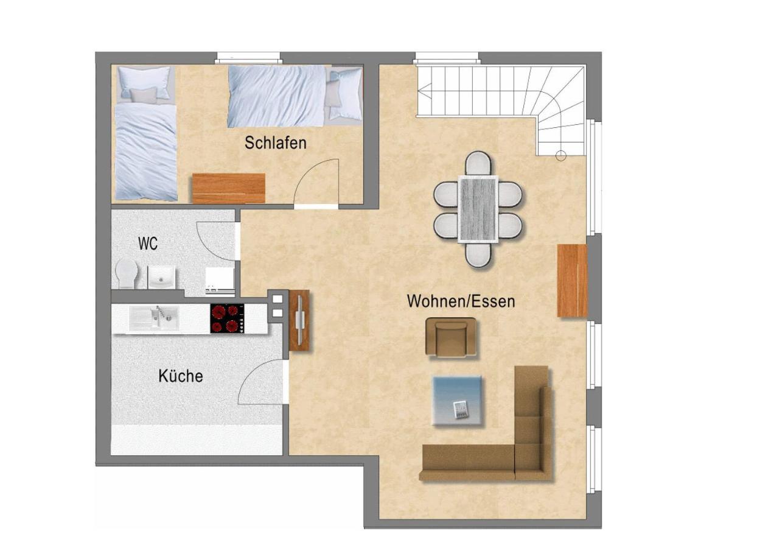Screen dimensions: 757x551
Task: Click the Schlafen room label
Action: click(x=276, y=143)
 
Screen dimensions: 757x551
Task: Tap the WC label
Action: click(x=148, y=244)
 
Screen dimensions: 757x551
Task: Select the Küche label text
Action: click(x=181, y=376)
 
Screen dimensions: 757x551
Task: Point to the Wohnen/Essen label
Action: click(x=461, y=301)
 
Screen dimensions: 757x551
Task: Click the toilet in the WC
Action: click(x=127, y=274)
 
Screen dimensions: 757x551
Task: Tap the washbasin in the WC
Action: click(x=161, y=277)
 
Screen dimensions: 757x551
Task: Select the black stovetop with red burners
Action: click(x=227, y=318)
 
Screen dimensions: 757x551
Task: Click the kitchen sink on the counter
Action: click(x=154, y=317)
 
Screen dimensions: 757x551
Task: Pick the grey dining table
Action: click(x=478, y=209)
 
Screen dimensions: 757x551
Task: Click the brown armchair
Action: click(x=452, y=337)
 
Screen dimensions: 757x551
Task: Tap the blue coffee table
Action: click(x=458, y=401)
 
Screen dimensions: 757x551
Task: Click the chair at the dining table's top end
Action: click(x=478, y=164)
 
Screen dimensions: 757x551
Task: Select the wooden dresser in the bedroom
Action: click(x=228, y=188)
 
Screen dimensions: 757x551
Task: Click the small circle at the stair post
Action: click(x=561, y=156)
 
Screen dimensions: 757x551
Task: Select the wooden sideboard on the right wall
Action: click(x=573, y=280)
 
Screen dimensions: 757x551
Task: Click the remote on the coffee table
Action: click(x=459, y=409)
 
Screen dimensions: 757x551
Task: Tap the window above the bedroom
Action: click(x=248, y=57)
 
